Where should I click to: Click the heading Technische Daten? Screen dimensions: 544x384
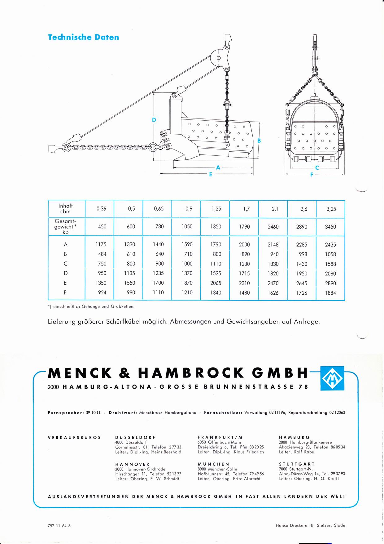click(83, 37)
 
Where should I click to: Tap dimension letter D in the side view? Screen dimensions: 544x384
click(154, 120)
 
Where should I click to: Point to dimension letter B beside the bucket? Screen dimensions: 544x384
click(259, 140)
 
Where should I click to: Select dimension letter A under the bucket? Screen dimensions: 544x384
click(218, 167)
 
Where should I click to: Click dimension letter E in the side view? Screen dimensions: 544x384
click(211, 174)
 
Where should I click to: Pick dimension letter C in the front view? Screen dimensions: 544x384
click(317, 168)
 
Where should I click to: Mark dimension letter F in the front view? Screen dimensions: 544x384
click(312, 175)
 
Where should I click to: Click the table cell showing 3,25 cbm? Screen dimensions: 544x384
click(331, 209)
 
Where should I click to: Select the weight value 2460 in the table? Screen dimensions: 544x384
click(273, 227)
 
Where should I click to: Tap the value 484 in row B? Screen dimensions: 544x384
click(102, 254)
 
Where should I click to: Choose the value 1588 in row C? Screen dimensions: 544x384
click(330, 264)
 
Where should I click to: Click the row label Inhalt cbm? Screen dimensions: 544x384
click(66, 208)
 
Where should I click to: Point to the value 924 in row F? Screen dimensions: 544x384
click(102, 292)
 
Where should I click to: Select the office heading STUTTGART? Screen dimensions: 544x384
click(297, 464)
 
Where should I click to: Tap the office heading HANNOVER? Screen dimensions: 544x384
click(132, 464)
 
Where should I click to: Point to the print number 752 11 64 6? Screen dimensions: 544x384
click(59, 526)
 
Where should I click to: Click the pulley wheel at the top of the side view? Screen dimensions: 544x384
click(218, 58)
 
